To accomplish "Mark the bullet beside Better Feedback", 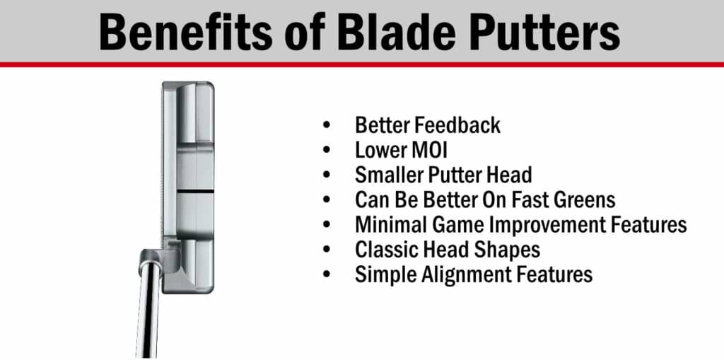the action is pyautogui.click(x=327, y=125).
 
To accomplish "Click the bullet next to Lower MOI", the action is pyautogui.click(x=327, y=150).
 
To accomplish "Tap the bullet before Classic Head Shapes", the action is pyautogui.click(x=327, y=250).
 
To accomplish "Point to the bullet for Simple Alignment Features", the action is pyautogui.click(x=327, y=275).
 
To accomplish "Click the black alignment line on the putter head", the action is pyautogui.click(x=195, y=191).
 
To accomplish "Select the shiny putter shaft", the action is pyautogui.click(x=148, y=310).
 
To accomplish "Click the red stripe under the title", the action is pyautogui.click(x=362, y=64).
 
